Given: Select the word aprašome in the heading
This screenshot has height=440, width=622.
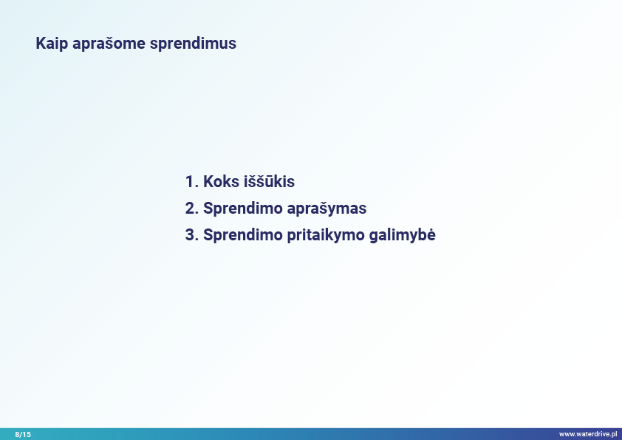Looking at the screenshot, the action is [x=109, y=44].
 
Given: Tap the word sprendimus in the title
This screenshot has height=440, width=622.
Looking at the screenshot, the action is [x=193, y=44].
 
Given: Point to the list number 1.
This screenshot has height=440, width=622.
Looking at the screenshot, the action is [x=191, y=181].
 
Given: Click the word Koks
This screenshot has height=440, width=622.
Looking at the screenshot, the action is [x=221, y=181].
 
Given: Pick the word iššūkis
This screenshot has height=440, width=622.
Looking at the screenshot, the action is [x=269, y=181].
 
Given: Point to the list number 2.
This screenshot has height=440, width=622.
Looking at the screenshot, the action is [x=191, y=208].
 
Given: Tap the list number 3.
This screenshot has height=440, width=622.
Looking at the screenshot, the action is [x=191, y=234].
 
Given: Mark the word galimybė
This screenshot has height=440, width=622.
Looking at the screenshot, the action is [x=403, y=235].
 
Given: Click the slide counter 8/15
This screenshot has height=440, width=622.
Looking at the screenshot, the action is [x=23, y=434].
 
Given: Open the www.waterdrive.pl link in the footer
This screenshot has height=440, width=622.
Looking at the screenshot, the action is [x=588, y=434].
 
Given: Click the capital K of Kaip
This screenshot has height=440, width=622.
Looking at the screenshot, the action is [x=41, y=44].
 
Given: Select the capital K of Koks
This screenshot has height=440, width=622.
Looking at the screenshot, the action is [x=208, y=181].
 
